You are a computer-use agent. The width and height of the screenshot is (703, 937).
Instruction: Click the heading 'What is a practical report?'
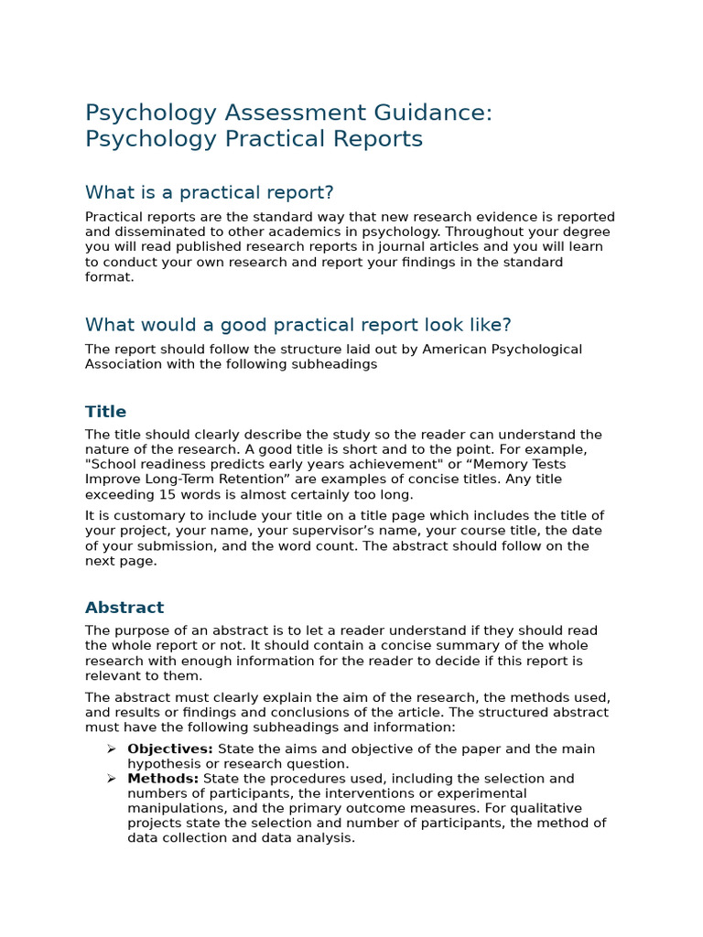209,192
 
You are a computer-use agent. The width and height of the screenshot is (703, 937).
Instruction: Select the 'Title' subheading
105,412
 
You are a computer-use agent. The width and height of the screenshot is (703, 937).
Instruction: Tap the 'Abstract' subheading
124,608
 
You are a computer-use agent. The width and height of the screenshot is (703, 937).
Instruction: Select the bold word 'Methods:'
163,779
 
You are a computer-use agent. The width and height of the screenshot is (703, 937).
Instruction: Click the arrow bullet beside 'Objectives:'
111,749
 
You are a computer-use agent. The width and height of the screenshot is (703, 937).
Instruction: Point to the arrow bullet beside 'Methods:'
111,779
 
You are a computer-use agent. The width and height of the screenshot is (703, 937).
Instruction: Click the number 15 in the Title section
168,494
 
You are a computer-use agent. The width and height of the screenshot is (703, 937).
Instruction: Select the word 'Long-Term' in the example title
177,479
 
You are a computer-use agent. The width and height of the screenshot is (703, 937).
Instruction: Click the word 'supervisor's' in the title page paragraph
291,531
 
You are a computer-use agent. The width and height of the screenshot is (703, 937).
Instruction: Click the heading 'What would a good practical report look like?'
297,325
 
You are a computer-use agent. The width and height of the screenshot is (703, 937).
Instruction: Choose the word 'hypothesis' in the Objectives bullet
162,764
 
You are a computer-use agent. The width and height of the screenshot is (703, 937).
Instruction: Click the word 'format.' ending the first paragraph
109,277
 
